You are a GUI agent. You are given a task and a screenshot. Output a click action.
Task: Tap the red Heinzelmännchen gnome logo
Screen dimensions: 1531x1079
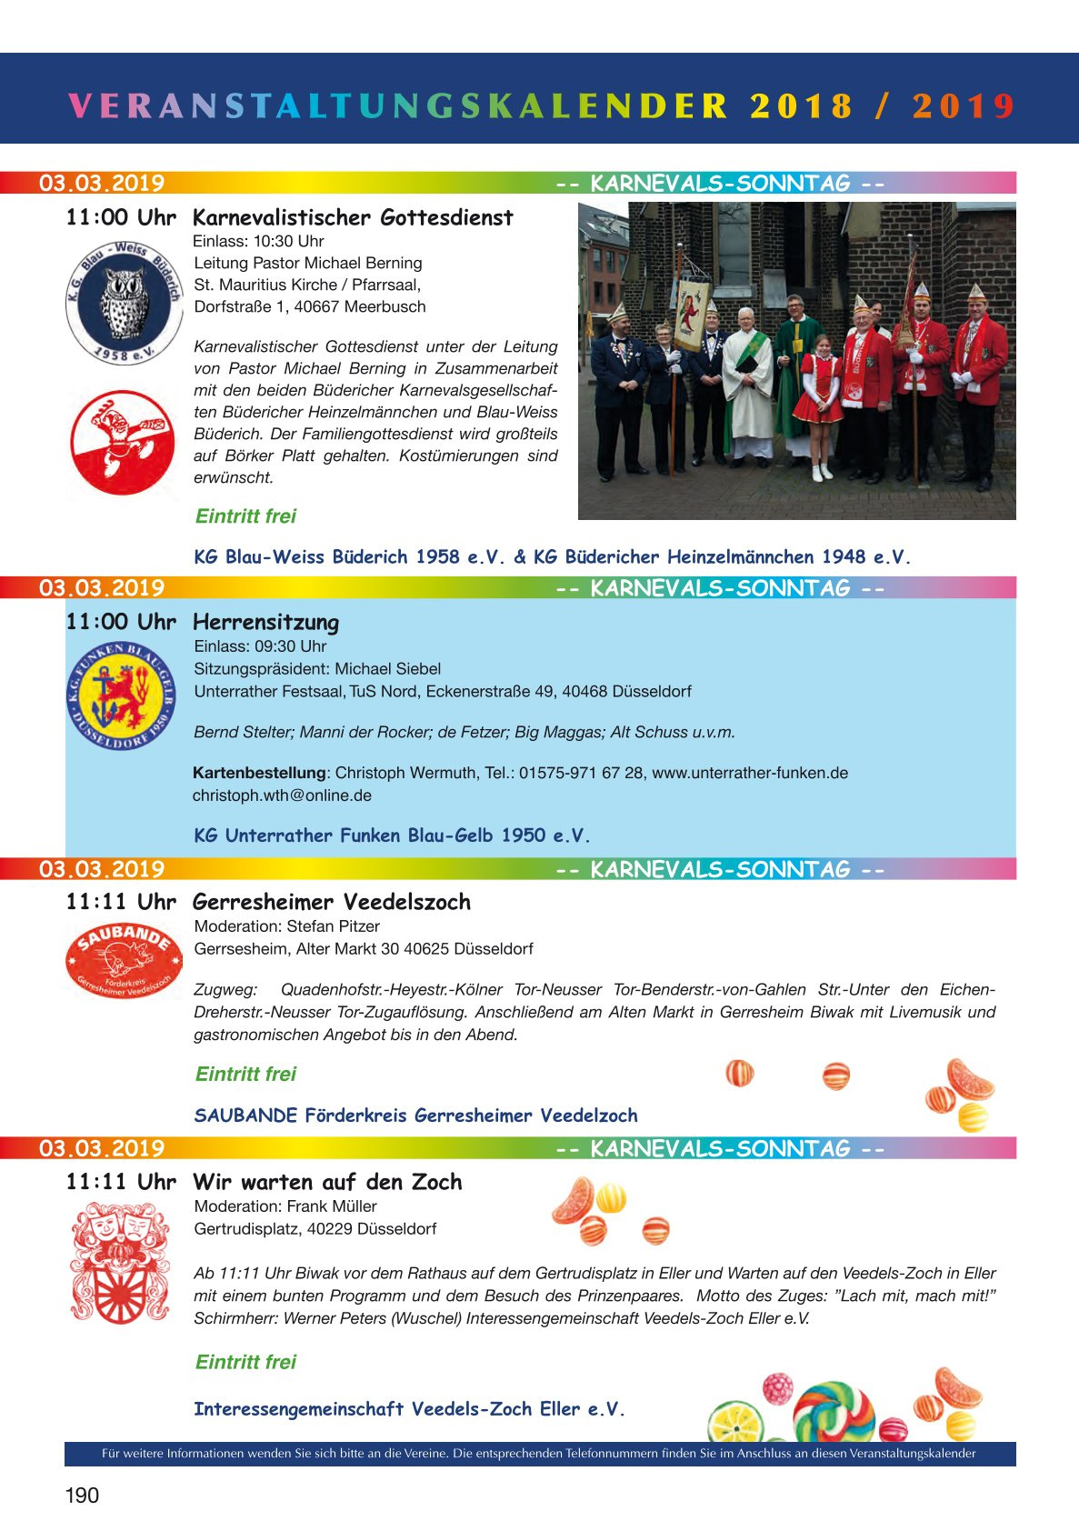pyautogui.click(x=122, y=443)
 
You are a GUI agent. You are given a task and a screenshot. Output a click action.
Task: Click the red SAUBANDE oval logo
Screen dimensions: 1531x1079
pyautogui.click(x=122, y=961)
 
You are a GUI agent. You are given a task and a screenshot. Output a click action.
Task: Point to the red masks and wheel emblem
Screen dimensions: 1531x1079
pyautogui.click(x=120, y=1261)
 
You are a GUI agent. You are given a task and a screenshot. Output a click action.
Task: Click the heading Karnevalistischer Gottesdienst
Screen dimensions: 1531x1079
pyautogui.click(x=353, y=218)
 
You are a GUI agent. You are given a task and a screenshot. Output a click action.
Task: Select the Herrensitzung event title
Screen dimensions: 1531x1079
pyautogui.click(x=265, y=623)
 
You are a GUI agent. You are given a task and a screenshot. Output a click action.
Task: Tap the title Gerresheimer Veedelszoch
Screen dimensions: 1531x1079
pyautogui.click(x=332, y=903)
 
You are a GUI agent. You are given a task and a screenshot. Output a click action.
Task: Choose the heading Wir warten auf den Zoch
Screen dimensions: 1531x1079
pyautogui.click(x=327, y=1183)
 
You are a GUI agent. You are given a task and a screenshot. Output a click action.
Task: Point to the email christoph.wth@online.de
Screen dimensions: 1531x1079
pyautogui.click(x=282, y=796)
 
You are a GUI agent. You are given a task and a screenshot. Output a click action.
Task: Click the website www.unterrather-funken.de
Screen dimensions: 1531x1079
pyautogui.click(x=750, y=773)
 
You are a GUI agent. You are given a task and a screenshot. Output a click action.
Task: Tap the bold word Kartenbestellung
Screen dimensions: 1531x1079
pyautogui.click(x=259, y=773)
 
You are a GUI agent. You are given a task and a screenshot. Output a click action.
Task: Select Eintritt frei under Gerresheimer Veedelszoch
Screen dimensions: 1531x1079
pyautogui.click(x=245, y=1075)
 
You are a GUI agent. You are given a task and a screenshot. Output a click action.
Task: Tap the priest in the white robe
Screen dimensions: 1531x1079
pyautogui.click(x=748, y=382)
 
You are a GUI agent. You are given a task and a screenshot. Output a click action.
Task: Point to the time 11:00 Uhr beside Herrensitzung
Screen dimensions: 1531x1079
pyautogui.click(x=120, y=623)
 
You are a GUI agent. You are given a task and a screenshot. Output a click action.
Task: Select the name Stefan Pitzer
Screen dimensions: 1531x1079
pyautogui.click(x=333, y=926)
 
